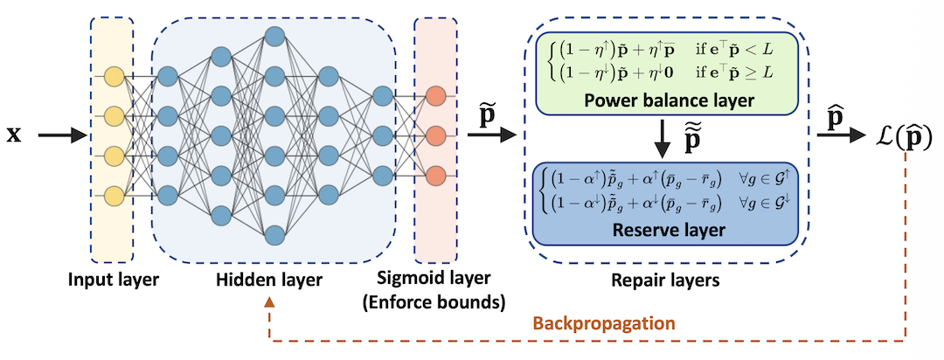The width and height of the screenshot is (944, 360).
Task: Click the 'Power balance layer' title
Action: click(x=669, y=100)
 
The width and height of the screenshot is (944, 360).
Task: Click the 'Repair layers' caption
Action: click(x=669, y=282)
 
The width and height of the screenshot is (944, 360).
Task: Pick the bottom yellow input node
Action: click(x=113, y=193)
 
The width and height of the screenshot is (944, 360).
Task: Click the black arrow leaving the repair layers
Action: click(x=840, y=135)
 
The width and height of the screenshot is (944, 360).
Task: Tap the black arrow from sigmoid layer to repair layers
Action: click(x=490, y=135)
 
